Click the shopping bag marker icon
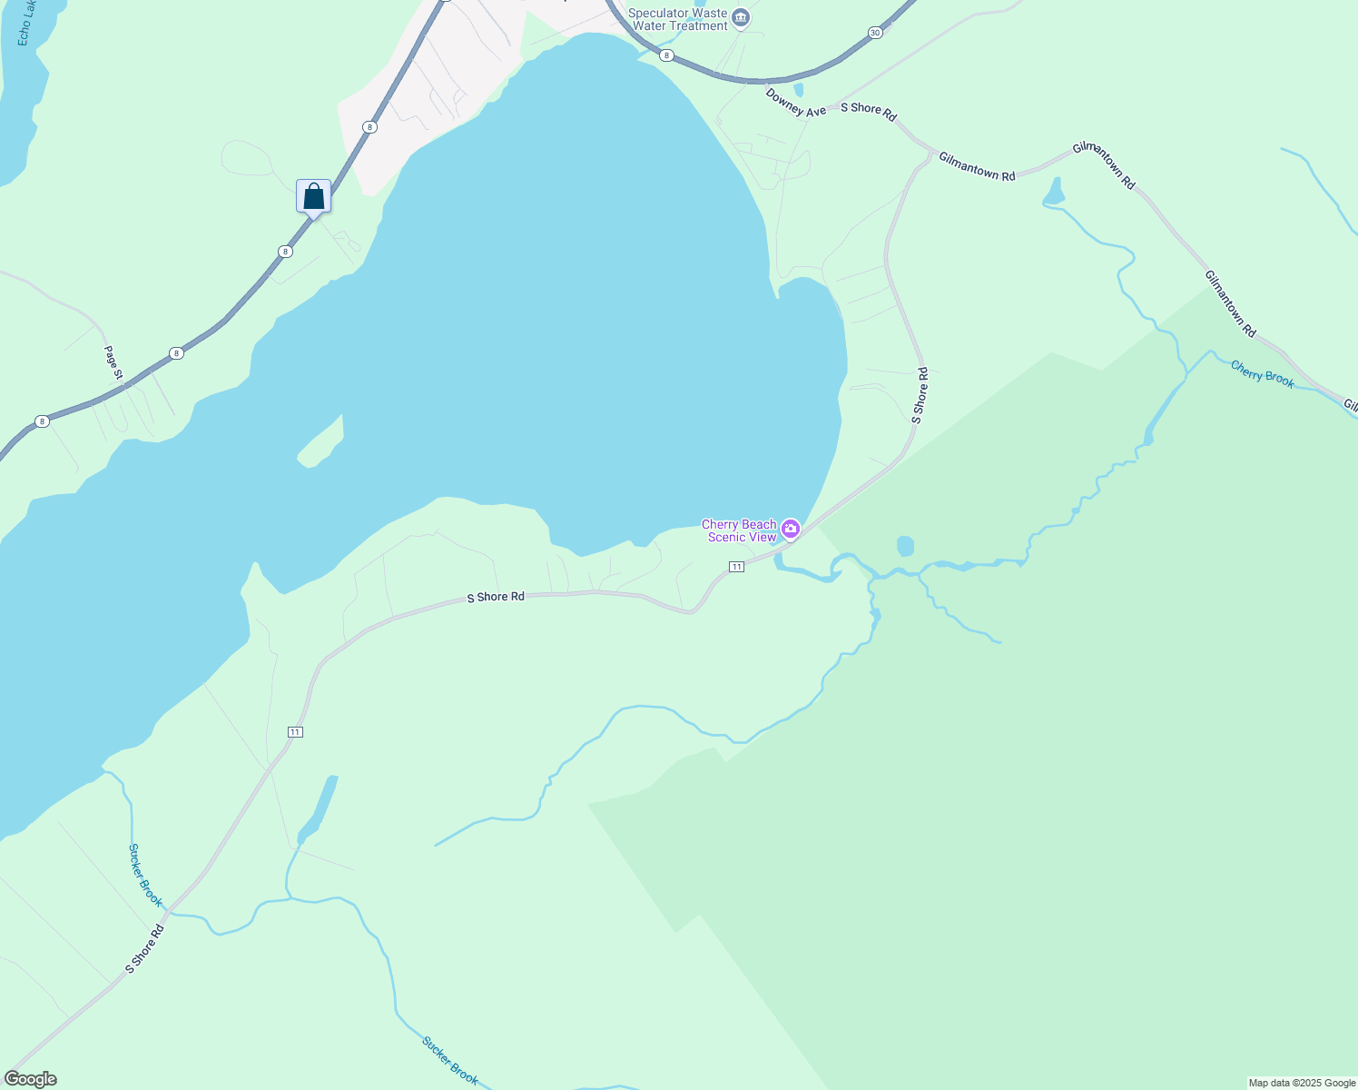pos(313,196)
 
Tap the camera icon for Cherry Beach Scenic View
pos(791,529)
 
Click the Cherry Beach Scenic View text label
pos(740,530)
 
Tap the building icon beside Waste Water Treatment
pos(741,17)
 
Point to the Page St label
pos(113,362)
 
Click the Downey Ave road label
pos(796,103)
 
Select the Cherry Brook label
pos(1263,374)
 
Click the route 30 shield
pos(874,33)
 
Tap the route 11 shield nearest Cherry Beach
pos(736,567)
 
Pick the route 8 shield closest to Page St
pos(176,352)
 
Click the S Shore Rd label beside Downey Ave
pos(869,112)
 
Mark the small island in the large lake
pos(320,445)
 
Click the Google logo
pos(30,1079)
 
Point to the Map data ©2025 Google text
pos(1302,1083)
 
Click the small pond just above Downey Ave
pos(798,90)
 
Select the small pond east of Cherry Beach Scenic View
pos(905,546)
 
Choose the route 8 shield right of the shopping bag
pos(369,127)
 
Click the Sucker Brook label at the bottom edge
pos(450,1060)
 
